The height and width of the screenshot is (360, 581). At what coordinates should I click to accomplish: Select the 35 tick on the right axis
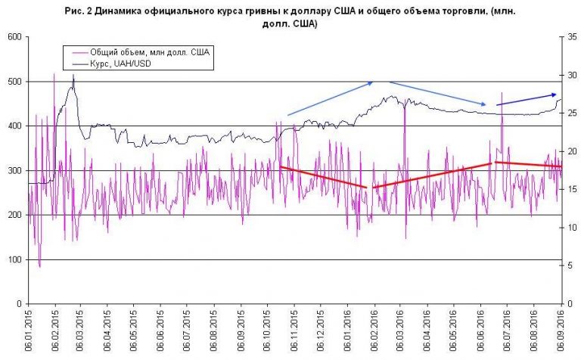click(572, 37)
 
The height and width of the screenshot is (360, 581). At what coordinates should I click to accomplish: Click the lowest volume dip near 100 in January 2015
click(39, 266)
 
